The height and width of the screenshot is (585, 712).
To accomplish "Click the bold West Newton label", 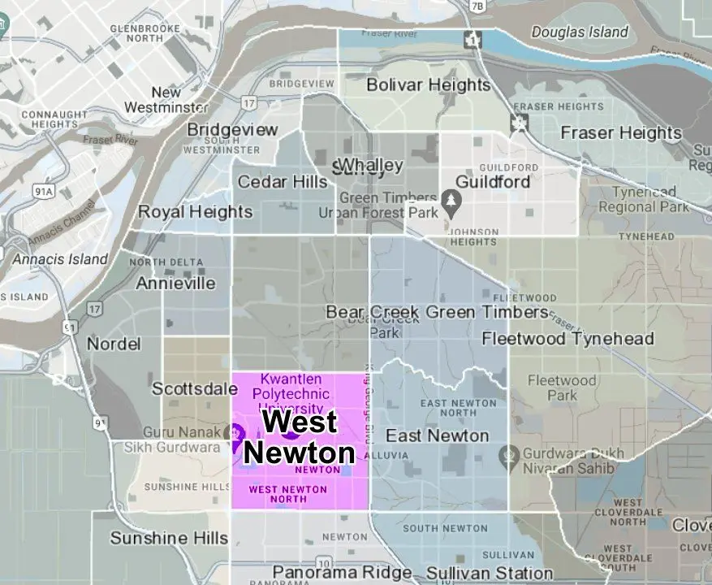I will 300,437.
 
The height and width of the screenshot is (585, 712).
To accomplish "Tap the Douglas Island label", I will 580,32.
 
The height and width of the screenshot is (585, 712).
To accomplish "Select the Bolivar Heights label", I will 429,84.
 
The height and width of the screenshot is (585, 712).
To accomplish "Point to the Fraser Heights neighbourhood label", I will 621,132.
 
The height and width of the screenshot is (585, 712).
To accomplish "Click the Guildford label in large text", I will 493,180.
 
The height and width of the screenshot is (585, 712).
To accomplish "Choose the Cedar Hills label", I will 282,182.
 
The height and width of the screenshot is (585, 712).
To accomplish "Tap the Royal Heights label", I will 196,212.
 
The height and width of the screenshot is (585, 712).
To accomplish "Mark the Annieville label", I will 175,284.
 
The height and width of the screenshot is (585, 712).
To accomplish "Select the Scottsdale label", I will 194,388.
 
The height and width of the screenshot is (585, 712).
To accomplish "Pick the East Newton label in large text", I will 437,436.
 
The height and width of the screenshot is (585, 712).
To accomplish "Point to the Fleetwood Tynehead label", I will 567,338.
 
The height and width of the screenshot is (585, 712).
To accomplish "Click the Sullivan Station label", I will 478,574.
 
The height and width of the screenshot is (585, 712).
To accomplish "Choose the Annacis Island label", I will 60,259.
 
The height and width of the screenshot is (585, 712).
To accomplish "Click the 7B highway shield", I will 477,6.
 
